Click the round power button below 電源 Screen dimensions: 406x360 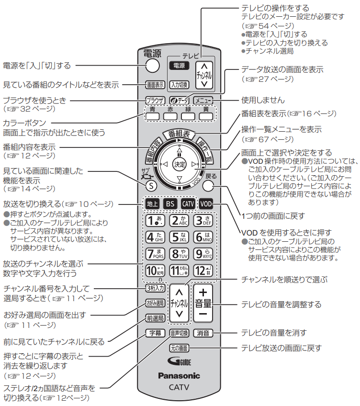152,66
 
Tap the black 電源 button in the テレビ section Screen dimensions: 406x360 178,66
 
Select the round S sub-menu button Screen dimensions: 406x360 150,185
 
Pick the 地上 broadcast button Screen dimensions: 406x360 152,203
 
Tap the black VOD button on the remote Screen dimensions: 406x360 206,203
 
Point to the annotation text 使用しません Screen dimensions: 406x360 263,100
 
